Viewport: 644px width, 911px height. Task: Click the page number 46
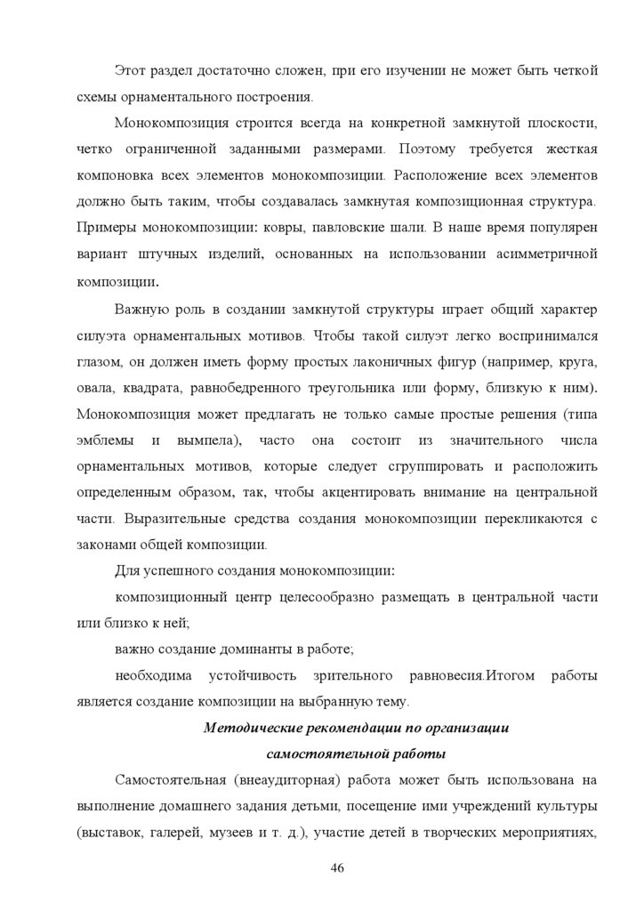[x=337, y=868]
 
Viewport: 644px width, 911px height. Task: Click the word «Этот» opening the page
[x=132, y=70]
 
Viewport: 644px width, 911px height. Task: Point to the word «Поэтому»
[x=431, y=148]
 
